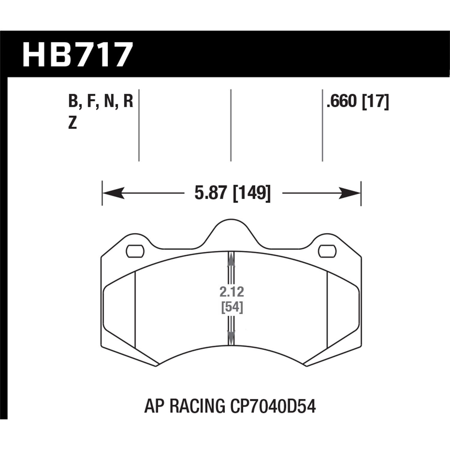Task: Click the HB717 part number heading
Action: pos(77,55)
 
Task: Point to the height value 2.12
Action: pos(232,292)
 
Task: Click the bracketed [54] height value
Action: pos(232,307)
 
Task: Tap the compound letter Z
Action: pos(73,123)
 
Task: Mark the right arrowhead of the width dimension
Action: pos(350,193)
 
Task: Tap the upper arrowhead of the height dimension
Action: pos(231,259)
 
